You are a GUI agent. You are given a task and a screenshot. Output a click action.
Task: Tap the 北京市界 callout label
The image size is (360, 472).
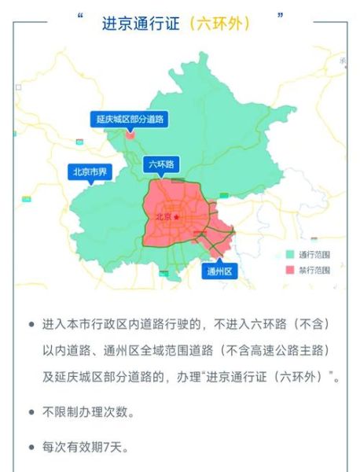[91, 172]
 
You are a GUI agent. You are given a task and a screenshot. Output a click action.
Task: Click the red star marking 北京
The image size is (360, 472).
[178, 216]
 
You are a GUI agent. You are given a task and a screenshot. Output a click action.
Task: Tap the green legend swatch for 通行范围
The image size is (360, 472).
[290, 254]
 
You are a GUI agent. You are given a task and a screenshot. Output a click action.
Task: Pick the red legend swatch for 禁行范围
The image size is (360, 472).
[290, 269]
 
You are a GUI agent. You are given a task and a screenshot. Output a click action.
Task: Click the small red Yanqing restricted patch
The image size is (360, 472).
[130, 135]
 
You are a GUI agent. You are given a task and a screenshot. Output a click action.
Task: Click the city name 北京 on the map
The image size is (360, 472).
[163, 217]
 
